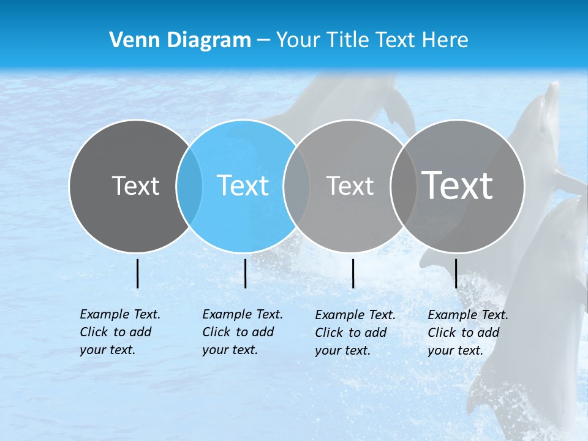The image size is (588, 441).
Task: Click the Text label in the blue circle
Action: (243, 186)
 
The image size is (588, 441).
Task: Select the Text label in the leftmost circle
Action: (135, 186)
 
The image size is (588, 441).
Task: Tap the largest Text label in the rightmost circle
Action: (457, 185)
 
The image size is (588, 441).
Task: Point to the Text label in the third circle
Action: (350, 186)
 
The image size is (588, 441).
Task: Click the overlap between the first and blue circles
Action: (189, 186)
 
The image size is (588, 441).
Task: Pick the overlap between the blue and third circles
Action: (296, 186)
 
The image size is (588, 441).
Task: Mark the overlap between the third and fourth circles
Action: (404, 186)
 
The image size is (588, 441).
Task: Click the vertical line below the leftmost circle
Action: (138, 273)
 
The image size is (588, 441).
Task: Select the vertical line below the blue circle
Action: (245, 273)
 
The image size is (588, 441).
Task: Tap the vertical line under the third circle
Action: (353, 273)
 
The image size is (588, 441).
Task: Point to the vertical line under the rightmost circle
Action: (456, 273)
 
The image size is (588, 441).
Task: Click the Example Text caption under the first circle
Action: (119, 332)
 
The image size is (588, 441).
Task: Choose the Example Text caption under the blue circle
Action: (242, 332)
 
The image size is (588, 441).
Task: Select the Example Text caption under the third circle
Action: (355, 333)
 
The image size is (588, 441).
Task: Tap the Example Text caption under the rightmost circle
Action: (467, 333)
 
